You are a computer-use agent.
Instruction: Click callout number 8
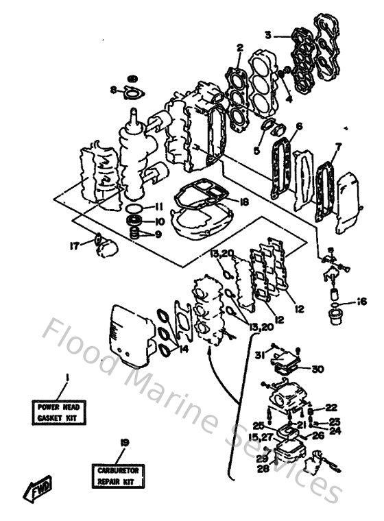click(x=113, y=89)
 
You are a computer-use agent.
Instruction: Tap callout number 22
click(x=331, y=407)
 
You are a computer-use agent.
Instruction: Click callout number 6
click(x=299, y=126)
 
